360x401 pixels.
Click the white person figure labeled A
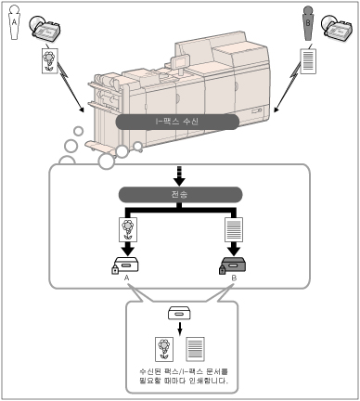coord(14,22)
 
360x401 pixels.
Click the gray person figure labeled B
coord(307,23)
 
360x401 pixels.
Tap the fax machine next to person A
coord(45,28)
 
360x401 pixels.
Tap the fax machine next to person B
coord(337,28)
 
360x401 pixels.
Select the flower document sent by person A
coord(50,60)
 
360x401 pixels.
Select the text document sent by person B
coord(308,61)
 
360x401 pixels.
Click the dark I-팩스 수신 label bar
coord(177,122)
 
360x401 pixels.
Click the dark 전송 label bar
coord(181,194)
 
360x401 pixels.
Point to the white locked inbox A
coord(125,265)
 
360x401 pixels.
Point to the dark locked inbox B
coord(233,265)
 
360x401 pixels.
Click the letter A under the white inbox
coord(126,278)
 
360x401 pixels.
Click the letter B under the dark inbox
coord(234,278)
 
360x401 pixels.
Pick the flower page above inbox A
coord(128,229)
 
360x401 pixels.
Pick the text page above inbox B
coord(234,229)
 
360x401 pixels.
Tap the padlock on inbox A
coord(115,269)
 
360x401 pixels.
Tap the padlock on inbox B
coord(223,269)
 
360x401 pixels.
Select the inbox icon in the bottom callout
coord(179,313)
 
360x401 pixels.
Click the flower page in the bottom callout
coord(164,349)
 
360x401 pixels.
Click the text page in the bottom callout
coord(195,349)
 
